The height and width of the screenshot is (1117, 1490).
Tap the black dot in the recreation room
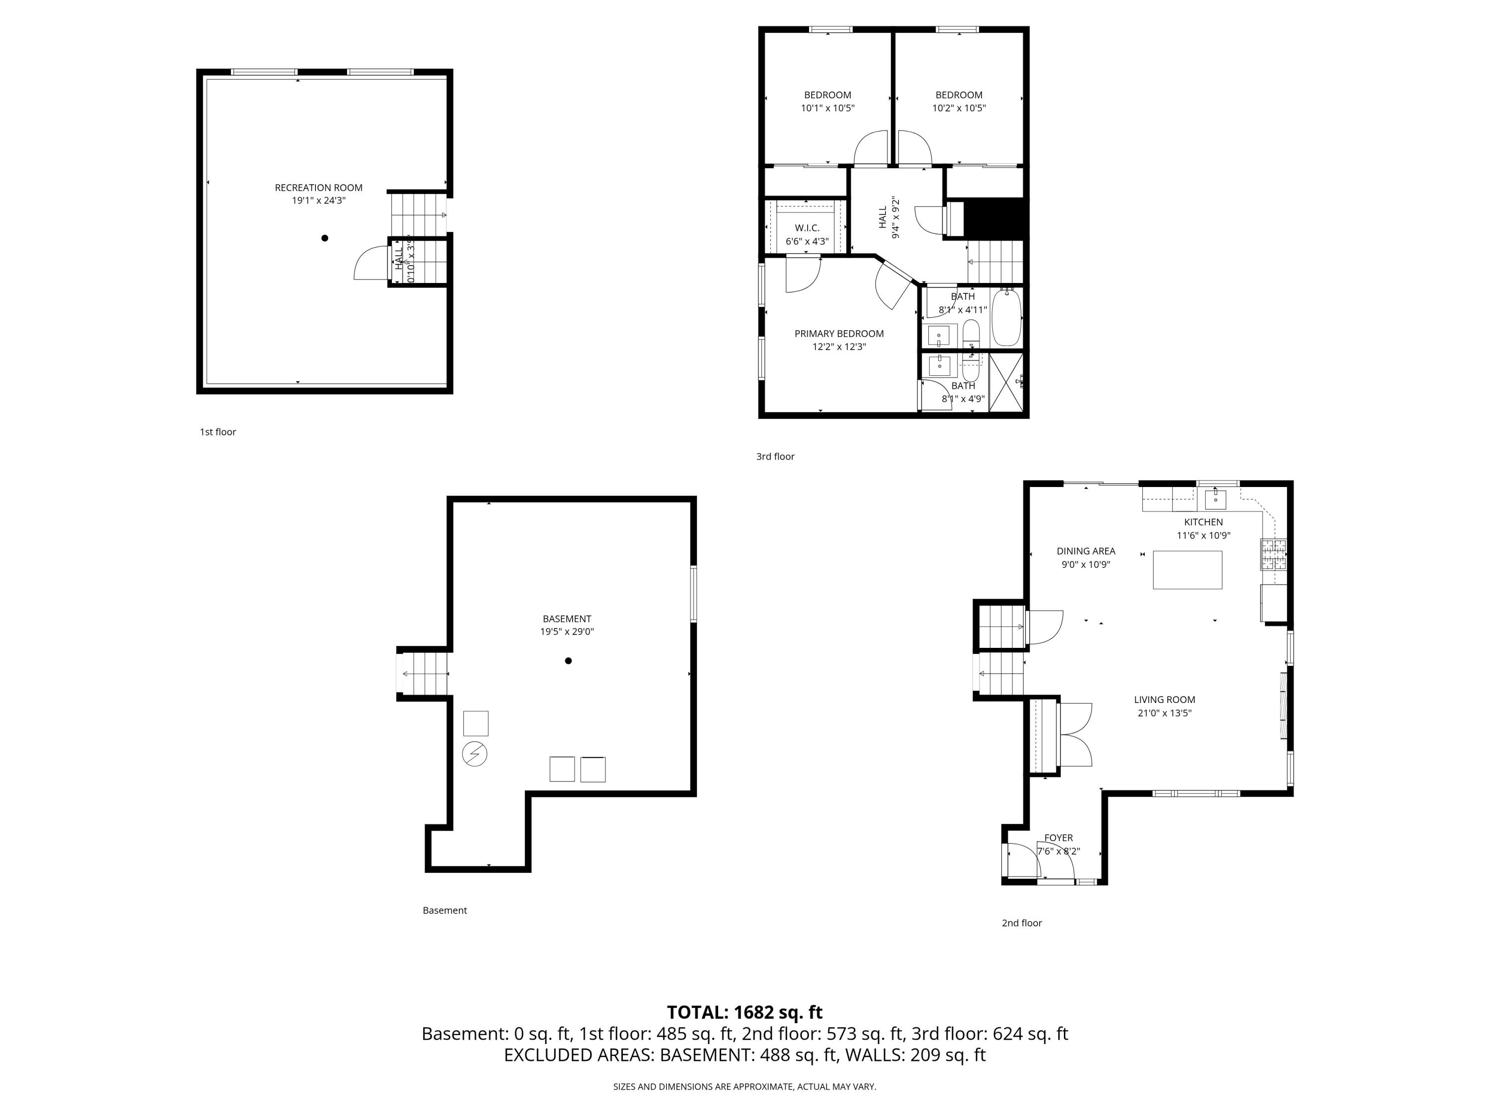coord(325,238)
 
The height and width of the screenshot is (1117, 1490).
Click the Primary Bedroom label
coord(839,333)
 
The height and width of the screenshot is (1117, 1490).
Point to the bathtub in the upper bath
coord(1006,318)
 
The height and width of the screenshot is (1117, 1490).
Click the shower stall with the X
coord(1006,381)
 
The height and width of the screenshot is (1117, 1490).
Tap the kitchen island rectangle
coord(1187,569)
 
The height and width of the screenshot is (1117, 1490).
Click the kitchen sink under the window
coord(1215,499)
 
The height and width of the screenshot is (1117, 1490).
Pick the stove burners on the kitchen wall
coord(1273,554)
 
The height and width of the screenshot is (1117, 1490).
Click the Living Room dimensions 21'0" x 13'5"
coord(1164,713)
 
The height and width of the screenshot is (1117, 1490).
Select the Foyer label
coord(1058,838)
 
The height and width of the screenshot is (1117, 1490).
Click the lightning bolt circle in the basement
coord(474,754)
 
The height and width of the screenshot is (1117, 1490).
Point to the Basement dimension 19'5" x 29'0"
coord(567,631)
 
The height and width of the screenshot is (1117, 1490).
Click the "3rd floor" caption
coord(775,457)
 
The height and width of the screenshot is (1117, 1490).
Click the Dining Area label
coord(1085,551)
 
